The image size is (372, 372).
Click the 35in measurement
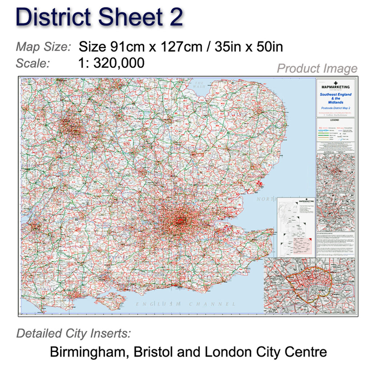[226, 47]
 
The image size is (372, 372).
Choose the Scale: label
[33, 63]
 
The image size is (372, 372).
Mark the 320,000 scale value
[119, 63]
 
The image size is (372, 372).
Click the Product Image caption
[317, 68]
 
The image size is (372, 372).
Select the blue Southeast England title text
[336, 94]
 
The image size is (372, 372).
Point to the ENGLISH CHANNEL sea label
[185, 304]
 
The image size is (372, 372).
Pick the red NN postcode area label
[127, 144]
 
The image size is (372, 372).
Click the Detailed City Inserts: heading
[74, 333]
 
